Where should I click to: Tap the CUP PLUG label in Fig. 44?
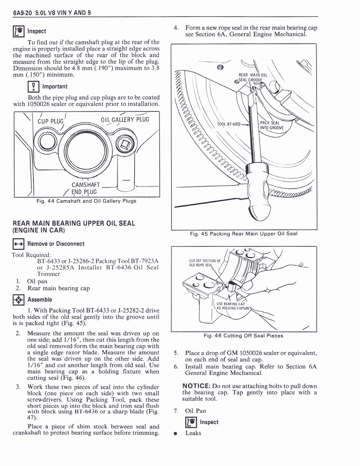click(49, 122)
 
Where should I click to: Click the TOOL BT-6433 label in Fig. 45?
click(228, 124)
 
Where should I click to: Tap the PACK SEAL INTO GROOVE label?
click(271, 125)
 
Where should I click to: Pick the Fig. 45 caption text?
click(243, 234)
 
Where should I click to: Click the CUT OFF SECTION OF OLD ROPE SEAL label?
click(204, 263)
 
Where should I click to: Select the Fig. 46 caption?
click(243, 336)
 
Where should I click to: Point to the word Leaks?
click(193, 433)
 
